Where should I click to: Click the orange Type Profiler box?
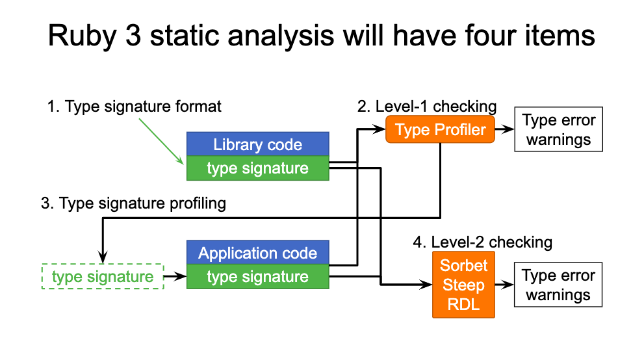(440, 130)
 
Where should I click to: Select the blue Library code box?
(258, 144)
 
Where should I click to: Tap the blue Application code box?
(258, 253)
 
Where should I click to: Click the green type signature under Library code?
(258, 169)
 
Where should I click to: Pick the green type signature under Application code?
(258, 277)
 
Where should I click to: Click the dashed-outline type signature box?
(103, 277)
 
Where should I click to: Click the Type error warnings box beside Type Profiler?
(559, 130)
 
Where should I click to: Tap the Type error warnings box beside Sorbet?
(559, 285)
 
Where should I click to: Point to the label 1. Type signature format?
(135, 107)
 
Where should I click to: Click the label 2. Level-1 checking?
(427, 107)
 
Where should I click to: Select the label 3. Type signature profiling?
(133, 203)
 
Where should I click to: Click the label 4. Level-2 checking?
(482, 242)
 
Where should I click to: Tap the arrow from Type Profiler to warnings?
(504, 130)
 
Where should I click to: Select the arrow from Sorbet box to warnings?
(504, 285)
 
